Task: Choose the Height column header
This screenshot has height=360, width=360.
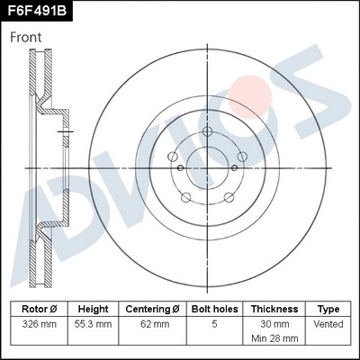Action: pos(94,308)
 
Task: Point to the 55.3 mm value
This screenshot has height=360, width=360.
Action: pos(94,324)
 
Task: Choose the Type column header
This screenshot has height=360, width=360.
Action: pos(329,308)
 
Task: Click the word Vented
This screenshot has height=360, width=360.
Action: pos(329,324)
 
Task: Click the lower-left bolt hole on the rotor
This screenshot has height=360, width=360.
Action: pos(186,198)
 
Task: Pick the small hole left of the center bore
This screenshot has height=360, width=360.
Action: pos(180,167)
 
